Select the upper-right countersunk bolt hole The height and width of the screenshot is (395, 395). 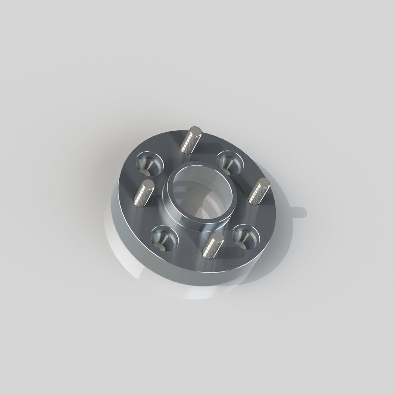click(x=230, y=161)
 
